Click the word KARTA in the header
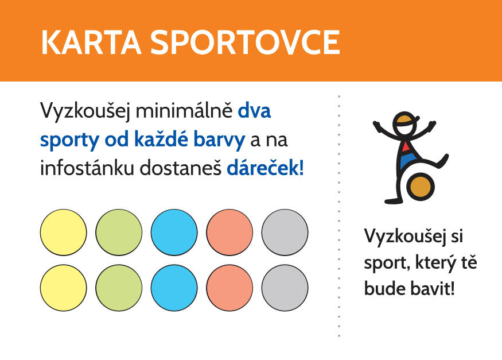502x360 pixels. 91,42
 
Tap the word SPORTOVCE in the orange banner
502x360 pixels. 245,42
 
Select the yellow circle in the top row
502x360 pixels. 63,232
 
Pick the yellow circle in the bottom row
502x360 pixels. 63,288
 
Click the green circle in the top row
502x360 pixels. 119,232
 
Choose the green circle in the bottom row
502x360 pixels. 119,288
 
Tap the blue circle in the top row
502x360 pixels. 174,232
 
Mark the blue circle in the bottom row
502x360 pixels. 174,288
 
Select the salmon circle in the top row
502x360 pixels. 229,232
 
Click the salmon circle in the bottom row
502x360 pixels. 229,288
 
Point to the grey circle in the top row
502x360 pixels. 285,232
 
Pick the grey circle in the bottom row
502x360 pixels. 285,288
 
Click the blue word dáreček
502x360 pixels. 265,168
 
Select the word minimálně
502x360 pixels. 184,110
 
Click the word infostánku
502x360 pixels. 87,168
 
